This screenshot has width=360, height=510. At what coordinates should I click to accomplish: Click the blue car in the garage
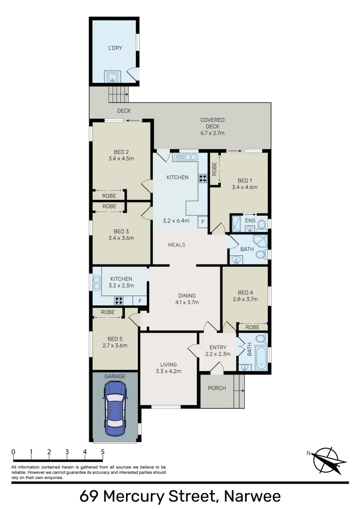click(115, 408)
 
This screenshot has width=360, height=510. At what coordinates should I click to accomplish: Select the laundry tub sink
click(113, 77)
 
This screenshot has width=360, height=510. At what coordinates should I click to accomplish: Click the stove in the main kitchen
click(203, 178)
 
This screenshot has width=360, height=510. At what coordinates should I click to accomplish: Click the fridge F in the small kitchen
click(139, 301)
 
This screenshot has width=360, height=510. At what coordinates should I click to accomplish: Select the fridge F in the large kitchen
click(203, 221)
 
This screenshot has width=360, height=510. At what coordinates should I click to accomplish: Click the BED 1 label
click(244, 180)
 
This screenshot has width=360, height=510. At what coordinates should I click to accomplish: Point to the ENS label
click(250, 220)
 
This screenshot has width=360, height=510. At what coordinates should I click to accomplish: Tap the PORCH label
click(217, 388)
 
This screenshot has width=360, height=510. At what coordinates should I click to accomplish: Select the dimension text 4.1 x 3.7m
click(185, 303)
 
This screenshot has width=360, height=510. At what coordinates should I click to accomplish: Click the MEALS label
click(177, 245)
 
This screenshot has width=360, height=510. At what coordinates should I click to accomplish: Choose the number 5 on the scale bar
click(102, 451)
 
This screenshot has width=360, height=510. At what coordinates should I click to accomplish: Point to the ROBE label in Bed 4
click(252, 327)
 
